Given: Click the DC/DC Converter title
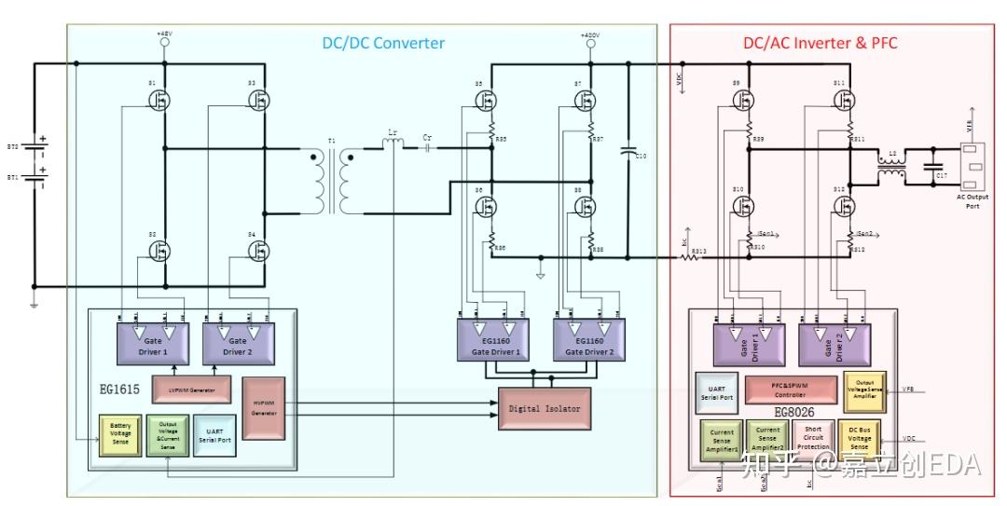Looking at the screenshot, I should (383, 43).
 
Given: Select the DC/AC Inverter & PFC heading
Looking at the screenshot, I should (820, 43).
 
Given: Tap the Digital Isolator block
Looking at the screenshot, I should (545, 408).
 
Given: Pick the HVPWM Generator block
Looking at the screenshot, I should (262, 409).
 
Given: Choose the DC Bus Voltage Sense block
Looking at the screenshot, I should (859, 437).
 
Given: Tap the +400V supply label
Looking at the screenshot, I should (588, 34).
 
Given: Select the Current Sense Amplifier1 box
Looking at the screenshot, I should (721, 441).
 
